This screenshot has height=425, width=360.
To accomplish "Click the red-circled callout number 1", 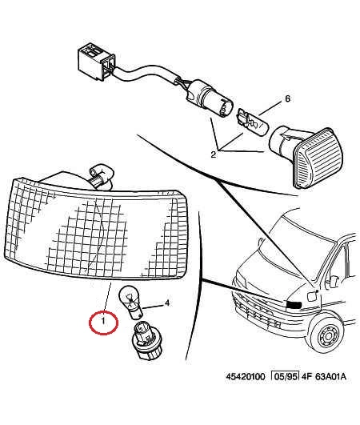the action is click(103, 322).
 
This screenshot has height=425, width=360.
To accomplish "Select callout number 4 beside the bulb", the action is click(167, 303).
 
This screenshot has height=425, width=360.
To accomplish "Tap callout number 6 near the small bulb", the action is click(287, 98).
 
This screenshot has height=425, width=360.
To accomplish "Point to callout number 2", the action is click(214, 154).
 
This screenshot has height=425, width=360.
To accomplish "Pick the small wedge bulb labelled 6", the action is click(253, 122).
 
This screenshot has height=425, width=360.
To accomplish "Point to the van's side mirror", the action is click(335, 283).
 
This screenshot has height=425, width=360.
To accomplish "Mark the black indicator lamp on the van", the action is click(294, 304).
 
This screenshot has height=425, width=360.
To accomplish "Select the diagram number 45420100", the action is click(246, 377).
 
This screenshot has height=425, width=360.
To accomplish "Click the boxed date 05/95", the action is click(286, 377).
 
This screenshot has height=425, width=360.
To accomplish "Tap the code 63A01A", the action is click(330, 377).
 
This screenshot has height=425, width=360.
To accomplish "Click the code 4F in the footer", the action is click(306, 377).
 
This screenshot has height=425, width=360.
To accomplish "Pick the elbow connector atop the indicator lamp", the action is click(102, 175).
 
